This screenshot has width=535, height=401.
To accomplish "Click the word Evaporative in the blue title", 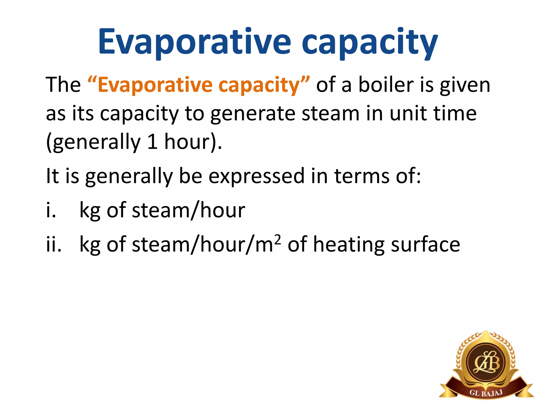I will pos(194,42).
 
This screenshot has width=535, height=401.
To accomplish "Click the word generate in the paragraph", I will pos(252,114).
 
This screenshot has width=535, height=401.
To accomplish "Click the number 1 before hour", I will pos(152,142).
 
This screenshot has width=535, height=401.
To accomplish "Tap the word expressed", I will pos(257,176).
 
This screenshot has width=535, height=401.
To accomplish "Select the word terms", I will pos(362,176).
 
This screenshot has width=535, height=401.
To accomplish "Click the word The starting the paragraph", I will pos(63,85).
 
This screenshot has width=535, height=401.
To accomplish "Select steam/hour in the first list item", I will pos(188,210).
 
